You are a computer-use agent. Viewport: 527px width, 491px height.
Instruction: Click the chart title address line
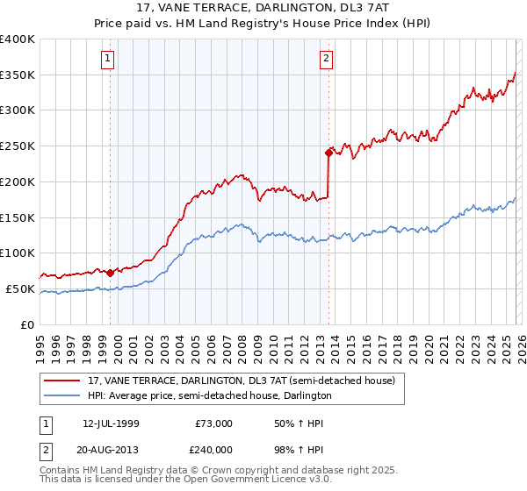263,8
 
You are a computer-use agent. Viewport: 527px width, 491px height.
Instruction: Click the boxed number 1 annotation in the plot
108,59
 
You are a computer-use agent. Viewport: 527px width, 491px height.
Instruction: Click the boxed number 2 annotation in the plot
326,59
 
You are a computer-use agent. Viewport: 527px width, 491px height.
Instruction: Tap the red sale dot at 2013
328,153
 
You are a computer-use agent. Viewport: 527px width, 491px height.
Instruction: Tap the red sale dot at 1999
110,273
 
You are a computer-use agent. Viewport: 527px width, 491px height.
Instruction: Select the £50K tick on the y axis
20,288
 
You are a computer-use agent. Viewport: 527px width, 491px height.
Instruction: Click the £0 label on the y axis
28,324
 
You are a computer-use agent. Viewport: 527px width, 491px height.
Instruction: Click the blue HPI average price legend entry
209,396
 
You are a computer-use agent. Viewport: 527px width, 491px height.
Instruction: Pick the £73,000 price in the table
214,423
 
